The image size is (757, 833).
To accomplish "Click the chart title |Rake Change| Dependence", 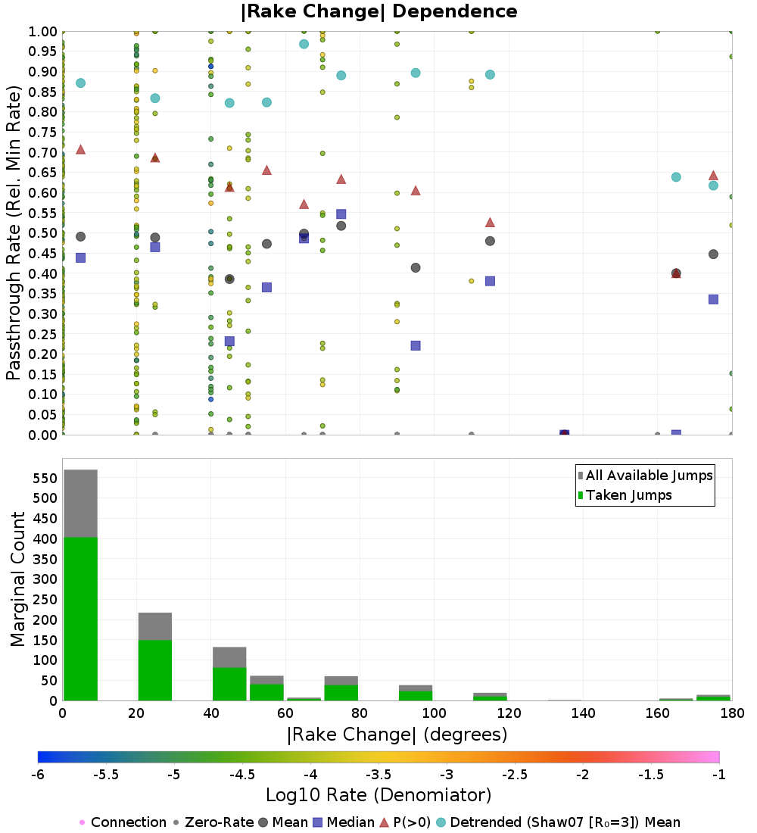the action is (378, 11).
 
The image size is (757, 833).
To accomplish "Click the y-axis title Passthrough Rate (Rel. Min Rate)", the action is (14, 232).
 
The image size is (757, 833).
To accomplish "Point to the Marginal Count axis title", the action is (17, 579).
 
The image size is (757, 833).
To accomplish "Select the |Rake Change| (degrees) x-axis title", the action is (397, 735).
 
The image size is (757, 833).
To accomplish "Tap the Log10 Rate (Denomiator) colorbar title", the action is (378, 794).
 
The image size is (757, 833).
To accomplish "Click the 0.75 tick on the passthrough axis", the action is (42, 133).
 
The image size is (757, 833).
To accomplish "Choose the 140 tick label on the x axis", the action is (583, 713).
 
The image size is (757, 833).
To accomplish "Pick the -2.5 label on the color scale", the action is (514, 775).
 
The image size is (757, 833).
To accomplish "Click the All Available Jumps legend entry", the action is (645, 476).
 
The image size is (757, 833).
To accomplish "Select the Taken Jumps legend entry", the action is (625, 495).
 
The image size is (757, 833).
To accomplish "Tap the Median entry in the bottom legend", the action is (344, 822).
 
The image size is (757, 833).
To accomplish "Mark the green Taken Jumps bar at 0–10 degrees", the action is (81, 619).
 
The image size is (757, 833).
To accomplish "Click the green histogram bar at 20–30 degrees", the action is (155, 670).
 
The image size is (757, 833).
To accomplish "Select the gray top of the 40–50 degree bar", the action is (229, 657).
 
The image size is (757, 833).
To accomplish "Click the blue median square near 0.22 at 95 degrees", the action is (416, 345).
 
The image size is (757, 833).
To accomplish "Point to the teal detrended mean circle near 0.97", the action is (304, 44).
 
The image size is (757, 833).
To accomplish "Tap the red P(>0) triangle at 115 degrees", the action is (490, 223).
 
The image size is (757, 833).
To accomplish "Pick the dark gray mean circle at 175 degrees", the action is (713, 254).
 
